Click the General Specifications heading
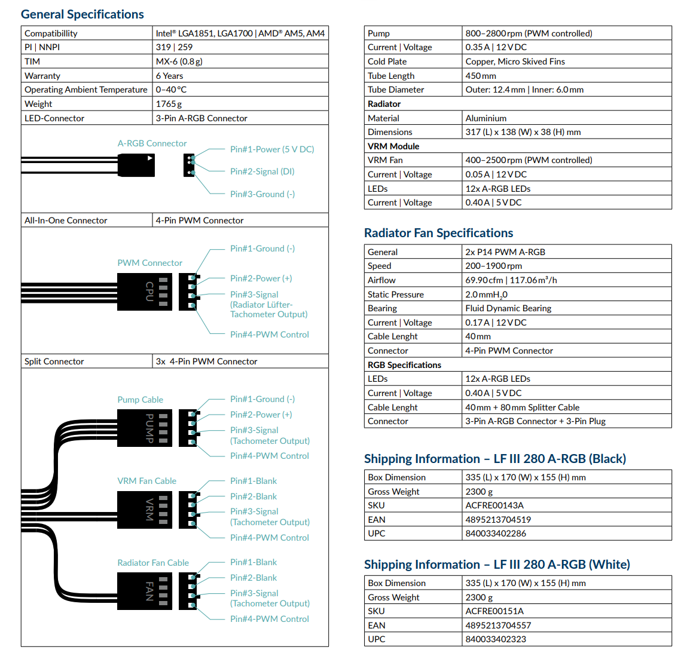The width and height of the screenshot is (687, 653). point(83,14)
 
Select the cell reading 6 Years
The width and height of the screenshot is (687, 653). point(170,76)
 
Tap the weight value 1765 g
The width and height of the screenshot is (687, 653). point(169,104)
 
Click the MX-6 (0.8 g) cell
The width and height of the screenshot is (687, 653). point(179,62)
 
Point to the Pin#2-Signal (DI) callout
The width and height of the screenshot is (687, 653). point(262,171)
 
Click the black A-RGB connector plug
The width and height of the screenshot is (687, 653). point(136,165)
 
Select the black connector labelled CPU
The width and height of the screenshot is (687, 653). point(145,292)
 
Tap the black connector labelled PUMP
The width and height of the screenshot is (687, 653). point(145,428)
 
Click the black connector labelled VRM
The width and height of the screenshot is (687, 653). point(145,510)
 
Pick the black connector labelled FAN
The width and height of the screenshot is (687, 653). point(145,591)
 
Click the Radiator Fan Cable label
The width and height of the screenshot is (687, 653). point(153,563)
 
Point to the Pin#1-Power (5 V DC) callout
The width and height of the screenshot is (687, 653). point(272,149)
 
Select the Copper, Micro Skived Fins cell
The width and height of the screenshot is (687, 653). point(515,62)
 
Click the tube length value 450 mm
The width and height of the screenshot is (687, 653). point(481,76)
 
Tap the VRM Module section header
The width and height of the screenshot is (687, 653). point(393,146)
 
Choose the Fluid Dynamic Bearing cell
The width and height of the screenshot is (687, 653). point(508,308)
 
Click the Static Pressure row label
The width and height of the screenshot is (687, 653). point(396,295)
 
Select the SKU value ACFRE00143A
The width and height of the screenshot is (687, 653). point(494,505)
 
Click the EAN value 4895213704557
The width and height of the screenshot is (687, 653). point(498,626)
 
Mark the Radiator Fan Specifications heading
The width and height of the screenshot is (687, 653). point(439,233)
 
